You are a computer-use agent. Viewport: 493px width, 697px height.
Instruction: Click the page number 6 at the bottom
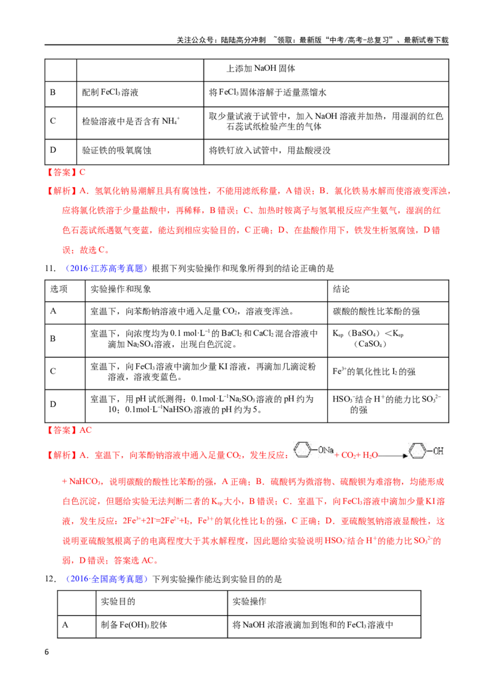click(47, 651)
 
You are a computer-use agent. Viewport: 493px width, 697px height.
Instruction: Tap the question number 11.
click(50, 268)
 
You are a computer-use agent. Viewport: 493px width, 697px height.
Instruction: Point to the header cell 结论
click(341, 289)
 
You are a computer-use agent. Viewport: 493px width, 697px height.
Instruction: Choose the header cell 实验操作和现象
click(121, 289)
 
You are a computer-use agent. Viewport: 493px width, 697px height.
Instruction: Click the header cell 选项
click(59, 289)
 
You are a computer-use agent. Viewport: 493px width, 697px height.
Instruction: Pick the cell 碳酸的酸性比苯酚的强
click(376, 312)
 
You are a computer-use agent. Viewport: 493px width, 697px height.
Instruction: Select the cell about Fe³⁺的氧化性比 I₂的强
click(373, 372)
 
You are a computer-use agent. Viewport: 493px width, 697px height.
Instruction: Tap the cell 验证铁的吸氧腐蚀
click(116, 151)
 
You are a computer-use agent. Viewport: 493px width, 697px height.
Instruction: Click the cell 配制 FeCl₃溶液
click(110, 92)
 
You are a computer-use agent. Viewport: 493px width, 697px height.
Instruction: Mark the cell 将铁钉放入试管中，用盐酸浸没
click(270, 151)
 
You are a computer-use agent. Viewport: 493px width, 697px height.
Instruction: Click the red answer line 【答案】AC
click(69, 430)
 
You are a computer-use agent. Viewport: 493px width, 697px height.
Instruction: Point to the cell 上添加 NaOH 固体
click(261, 68)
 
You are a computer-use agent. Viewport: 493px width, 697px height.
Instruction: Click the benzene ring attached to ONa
click(303, 450)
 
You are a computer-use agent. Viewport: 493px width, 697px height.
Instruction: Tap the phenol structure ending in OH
click(426, 451)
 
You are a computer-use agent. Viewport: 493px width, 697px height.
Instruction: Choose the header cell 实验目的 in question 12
click(118, 602)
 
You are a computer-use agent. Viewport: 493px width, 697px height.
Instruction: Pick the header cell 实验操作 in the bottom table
click(249, 602)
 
